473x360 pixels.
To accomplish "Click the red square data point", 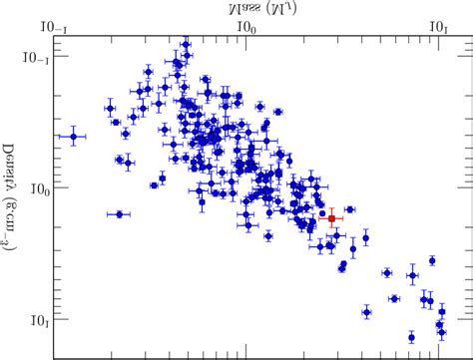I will point(332,218).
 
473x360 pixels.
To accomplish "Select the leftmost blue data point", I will point(73,137).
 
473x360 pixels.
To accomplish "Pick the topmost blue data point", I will point(185,45).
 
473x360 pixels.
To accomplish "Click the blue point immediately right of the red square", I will point(349,209).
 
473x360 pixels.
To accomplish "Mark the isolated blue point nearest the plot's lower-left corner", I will point(119,213).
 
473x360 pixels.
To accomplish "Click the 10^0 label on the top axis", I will point(244,23).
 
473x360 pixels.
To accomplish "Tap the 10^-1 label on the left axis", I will point(34,57).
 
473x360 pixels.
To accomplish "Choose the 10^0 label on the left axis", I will point(36,187).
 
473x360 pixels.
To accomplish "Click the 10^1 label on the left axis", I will point(36,319).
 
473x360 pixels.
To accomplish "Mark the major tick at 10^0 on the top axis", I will point(245,40).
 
